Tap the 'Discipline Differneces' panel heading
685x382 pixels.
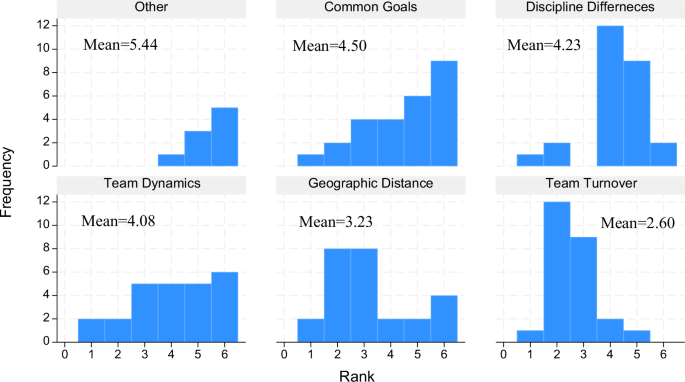pyautogui.click(x=584, y=9)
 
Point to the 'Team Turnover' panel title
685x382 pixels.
pyautogui.click(x=584, y=183)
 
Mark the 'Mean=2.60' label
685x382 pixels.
pyautogui.click(x=634, y=221)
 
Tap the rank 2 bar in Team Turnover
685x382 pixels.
pyautogui.click(x=557, y=271)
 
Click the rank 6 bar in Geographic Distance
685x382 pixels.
pyautogui.click(x=445, y=318)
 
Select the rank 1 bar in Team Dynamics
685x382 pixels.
pyautogui.click(x=92, y=330)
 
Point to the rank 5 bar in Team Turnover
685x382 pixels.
pyautogui.click(x=637, y=336)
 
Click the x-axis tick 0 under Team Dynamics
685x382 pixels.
pyautogui.click(x=65, y=352)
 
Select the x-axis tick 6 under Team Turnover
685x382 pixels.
pyautogui.click(x=663, y=352)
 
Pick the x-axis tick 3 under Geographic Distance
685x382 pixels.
pyautogui.click(x=364, y=352)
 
